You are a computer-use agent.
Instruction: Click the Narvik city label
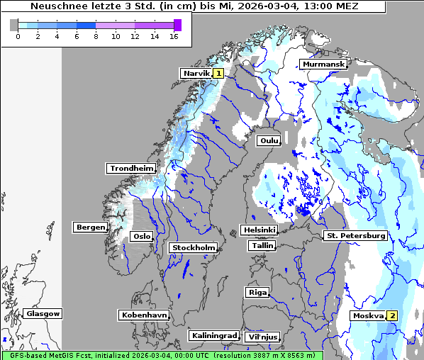point(196,73)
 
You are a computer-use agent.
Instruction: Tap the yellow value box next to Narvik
point(218,73)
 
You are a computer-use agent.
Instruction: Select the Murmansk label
point(323,64)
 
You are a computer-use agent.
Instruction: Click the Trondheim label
point(131,168)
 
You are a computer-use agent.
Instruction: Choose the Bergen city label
point(89,227)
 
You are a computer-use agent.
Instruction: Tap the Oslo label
point(142,236)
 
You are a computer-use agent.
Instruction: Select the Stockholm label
point(193,247)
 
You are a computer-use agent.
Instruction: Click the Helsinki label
point(259,230)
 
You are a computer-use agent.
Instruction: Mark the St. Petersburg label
point(355,235)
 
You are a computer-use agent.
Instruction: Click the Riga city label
point(257,292)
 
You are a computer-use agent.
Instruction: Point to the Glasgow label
point(43,313)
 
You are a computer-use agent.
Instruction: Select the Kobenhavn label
point(144,314)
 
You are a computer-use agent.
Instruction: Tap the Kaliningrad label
point(213,335)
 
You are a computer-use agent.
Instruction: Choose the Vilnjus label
point(262,337)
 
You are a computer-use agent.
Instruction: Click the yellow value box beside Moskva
point(391,315)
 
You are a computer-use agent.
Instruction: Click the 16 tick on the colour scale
point(174,36)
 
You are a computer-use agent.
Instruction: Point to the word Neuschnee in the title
point(55,6)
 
